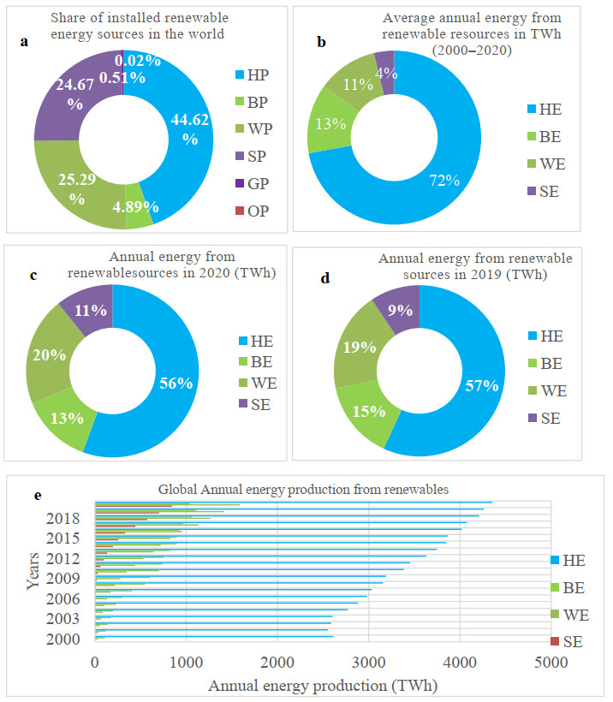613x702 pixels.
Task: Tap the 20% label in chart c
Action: pos(51,355)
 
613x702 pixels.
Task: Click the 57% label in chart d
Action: pos(482,386)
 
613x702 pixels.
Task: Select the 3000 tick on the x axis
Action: pos(368,661)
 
